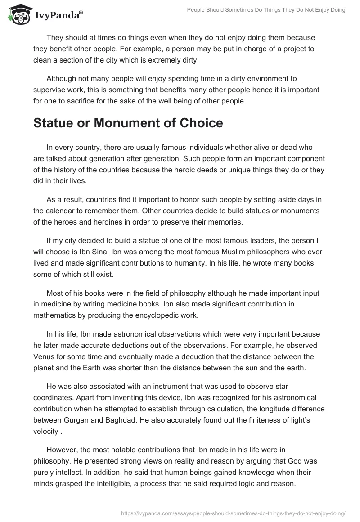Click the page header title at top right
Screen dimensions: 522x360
pos(266,10)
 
